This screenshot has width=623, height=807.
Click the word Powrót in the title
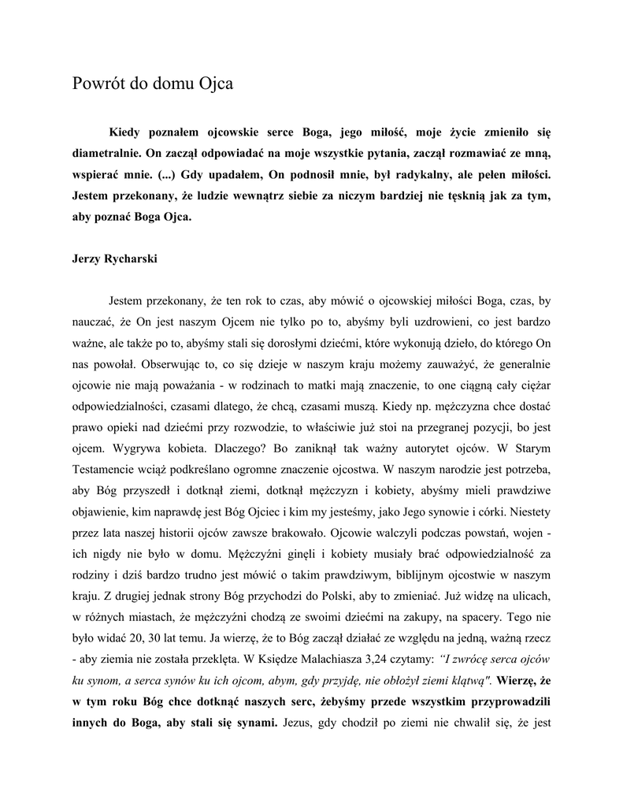98,84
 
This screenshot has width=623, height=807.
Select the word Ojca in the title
218,84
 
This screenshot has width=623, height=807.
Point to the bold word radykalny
407,172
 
